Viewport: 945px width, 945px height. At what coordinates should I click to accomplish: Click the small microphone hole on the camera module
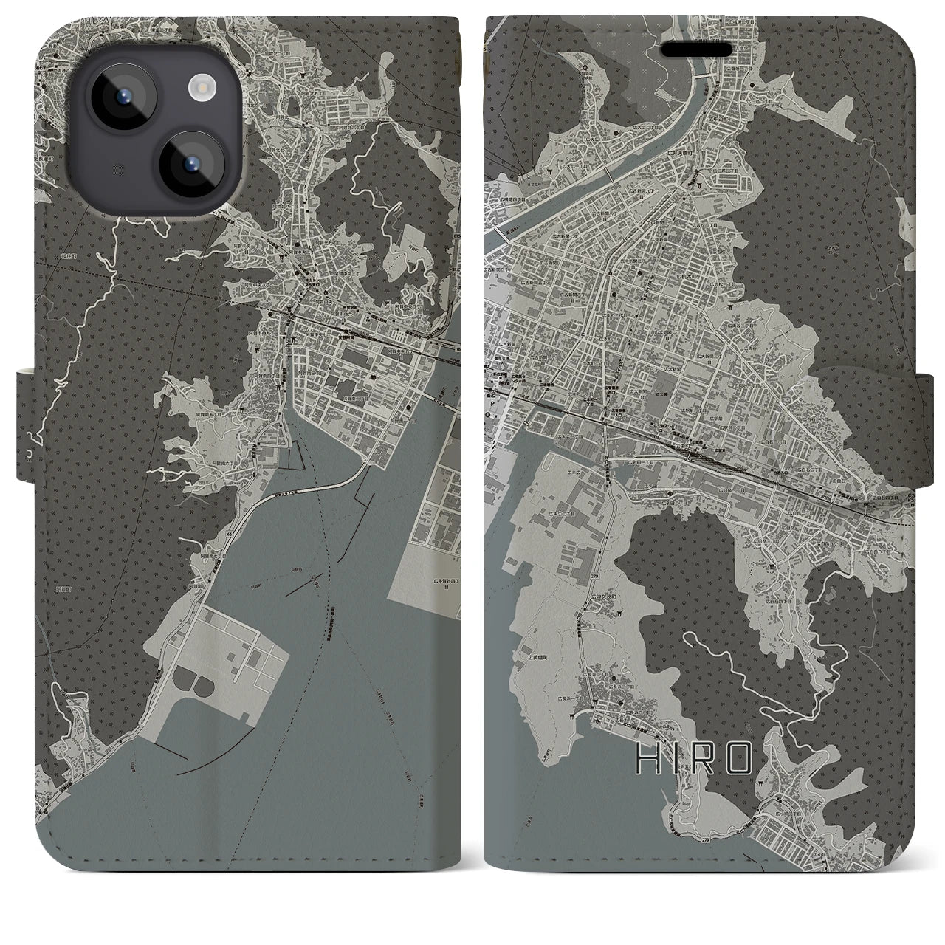click(x=116, y=169)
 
